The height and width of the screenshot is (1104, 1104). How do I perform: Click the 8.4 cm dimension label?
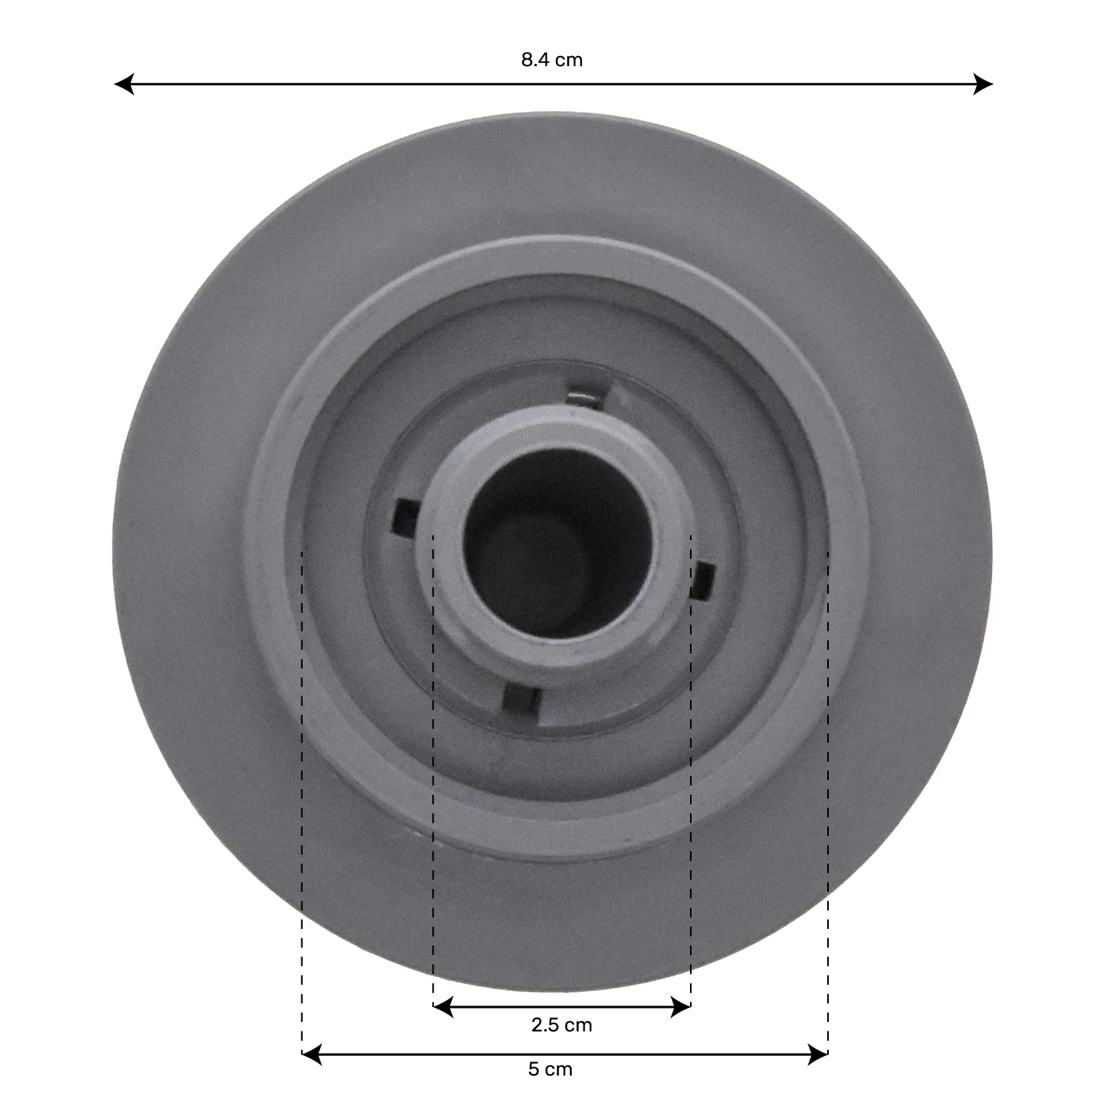(551, 60)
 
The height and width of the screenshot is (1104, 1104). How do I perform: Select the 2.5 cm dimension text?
(561, 1025)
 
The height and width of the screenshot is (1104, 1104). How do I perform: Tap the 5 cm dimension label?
(550, 1070)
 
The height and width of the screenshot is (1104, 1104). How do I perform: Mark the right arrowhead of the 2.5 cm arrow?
(681, 1007)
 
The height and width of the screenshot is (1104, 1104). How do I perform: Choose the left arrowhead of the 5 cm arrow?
(312, 1054)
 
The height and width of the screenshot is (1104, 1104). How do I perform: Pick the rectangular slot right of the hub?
(701, 581)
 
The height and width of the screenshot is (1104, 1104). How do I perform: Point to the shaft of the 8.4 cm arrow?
(355, 84)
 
